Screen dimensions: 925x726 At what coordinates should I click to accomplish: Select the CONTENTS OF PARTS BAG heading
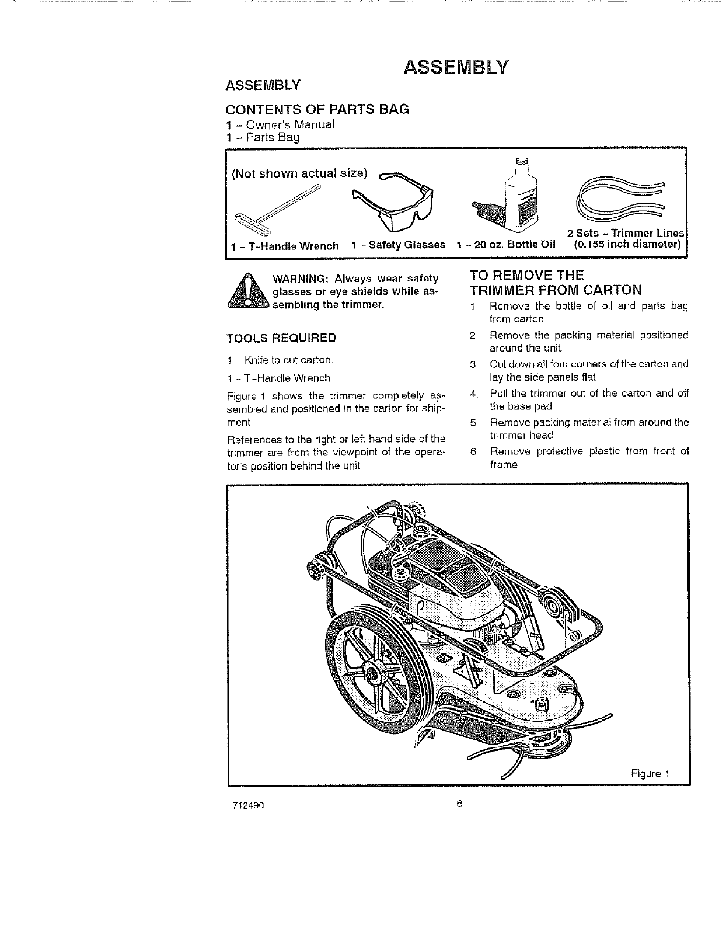coord(317,109)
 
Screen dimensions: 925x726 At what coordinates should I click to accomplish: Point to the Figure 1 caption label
coord(650,774)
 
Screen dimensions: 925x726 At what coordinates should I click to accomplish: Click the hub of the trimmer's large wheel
coord(371,669)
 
